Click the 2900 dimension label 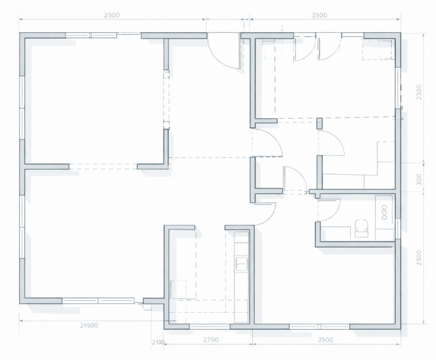point(112,15)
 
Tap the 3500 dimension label point(319,15)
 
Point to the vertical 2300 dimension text point(420,92)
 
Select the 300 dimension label point(420,179)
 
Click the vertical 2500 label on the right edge point(420,258)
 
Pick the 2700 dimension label point(211,340)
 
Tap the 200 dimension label point(158,342)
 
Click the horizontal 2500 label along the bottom point(325,340)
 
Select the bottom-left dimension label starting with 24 point(89,325)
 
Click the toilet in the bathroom point(362,228)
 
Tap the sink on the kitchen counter point(241,263)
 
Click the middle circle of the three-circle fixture point(384,212)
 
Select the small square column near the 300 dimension point(320,123)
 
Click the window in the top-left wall point(91,35)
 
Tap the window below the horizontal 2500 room point(320,326)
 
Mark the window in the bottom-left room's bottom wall point(98,301)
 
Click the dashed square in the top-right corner point(378,49)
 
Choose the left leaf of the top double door point(305,49)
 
